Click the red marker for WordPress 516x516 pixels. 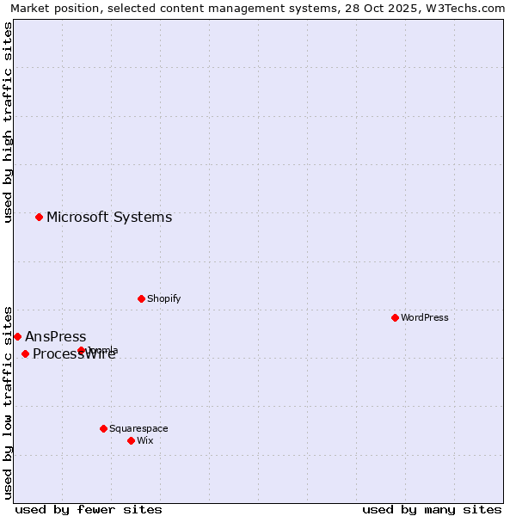[x=395, y=317]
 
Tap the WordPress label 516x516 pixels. [x=424, y=317]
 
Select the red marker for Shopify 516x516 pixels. [x=141, y=298]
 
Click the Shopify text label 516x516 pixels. [x=163, y=298]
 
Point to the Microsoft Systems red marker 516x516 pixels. [x=39, y=217]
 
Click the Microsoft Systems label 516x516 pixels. [x=109, y=217]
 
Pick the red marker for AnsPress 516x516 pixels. [x=17, y=336]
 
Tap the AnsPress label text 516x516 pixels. [x=56, y=336]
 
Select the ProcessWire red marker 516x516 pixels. [x=25, y=353]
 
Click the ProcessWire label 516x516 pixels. [x=74, y=354]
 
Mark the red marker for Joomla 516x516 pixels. [x=82, y=350]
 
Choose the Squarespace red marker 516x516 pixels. [x=103, y=428]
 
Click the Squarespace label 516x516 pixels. [x=138, y=428]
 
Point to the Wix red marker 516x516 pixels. [x=131, y=440]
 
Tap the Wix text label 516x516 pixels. [x=145, y=440]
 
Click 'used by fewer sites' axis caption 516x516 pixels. [x=89, y=509]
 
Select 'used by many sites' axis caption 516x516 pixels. [x=432, y=509]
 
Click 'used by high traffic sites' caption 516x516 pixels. [x=8, y=122]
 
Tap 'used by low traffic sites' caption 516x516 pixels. [x=8, y=402]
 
